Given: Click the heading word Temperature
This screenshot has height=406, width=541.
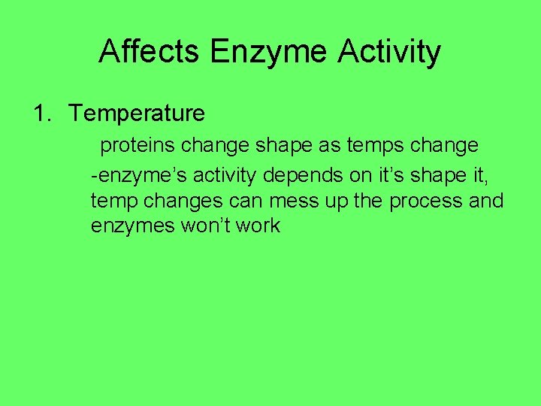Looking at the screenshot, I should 137,114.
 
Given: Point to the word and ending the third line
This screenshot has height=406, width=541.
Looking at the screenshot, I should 488,201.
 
